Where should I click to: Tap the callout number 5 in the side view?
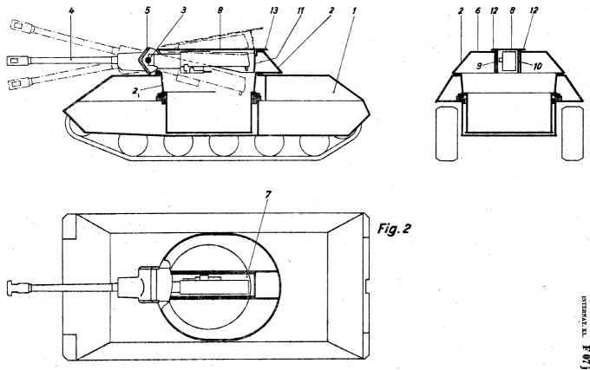coord(148,10)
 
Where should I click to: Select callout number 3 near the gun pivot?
coord(182,10)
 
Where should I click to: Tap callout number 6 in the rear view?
coord(478,10)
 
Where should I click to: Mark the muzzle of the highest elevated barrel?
coord(15,29)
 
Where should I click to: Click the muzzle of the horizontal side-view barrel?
coord(12,60)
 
